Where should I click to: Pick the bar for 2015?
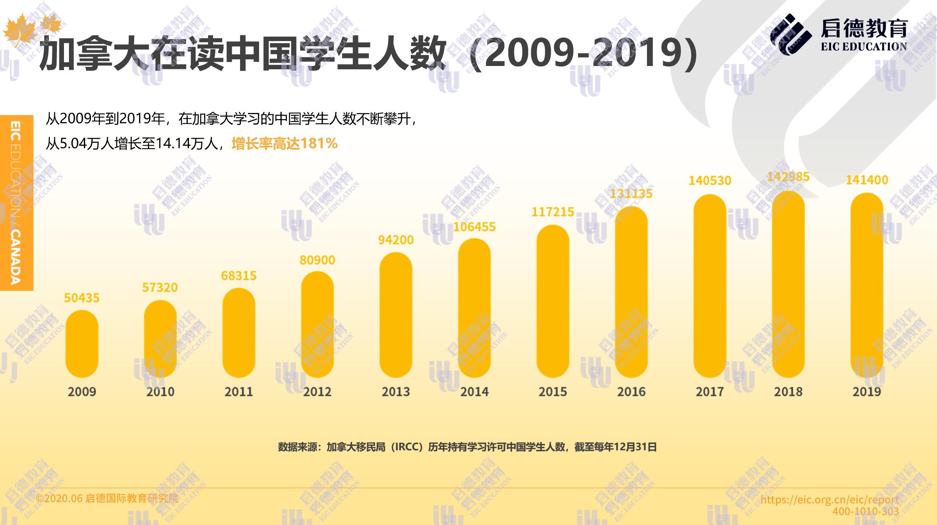pos(553,301)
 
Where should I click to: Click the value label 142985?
pos(788,177)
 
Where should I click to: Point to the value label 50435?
pos(82,298)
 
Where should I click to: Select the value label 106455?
pos(474,227)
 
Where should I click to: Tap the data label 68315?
pos(239,276)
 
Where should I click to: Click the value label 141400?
pos(867,180)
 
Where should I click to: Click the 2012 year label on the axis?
pos(317,392)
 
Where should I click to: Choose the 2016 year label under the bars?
pos(631,392)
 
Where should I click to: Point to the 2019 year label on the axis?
pos(867,392)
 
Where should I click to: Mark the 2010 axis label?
pos(160,392)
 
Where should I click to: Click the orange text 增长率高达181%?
pos(285,144)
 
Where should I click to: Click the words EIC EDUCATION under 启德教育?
pos(864,47)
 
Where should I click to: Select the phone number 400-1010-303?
pos(866,512)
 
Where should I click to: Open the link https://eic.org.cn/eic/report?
pos(829,500)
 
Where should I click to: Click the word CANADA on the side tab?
pos(15,257)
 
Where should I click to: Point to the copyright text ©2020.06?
pos(59,498)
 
